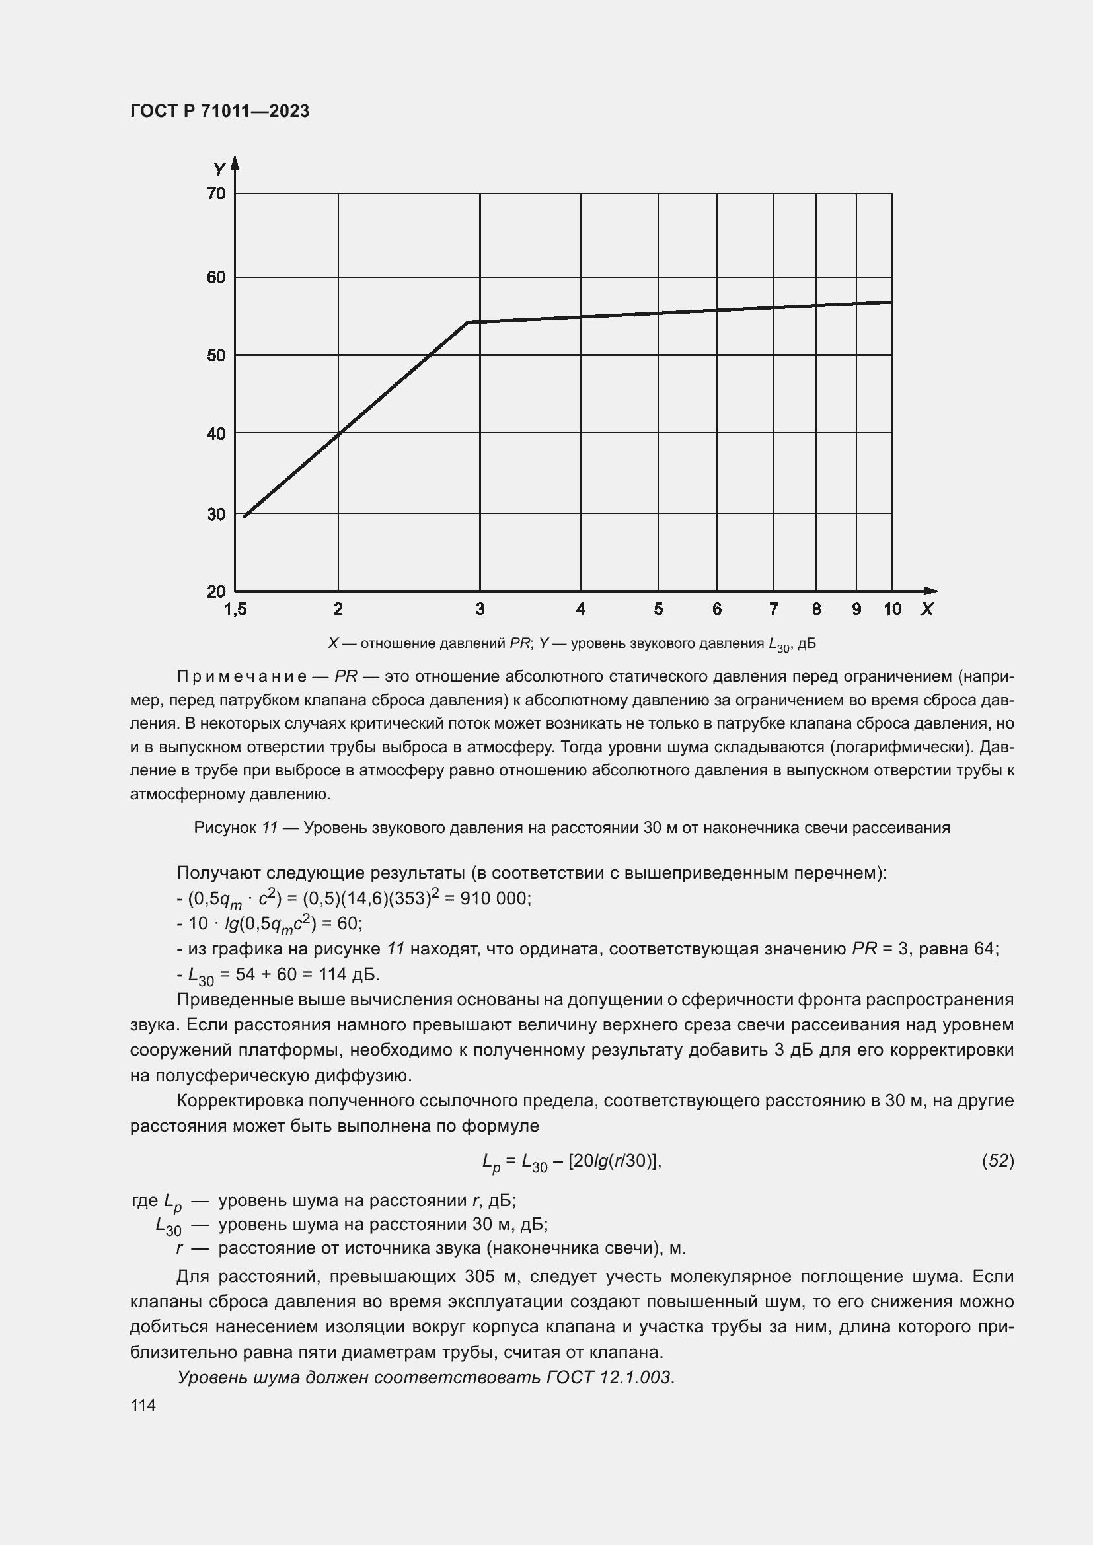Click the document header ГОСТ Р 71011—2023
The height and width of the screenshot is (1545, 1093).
coord(219,111)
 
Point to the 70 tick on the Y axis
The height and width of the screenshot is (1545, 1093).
coord(217,194)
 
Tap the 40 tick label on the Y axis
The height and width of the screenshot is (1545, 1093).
coord(217,434)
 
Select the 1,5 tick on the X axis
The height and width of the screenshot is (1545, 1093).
coord(235,609)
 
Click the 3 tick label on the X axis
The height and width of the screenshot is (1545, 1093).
coord(480,609)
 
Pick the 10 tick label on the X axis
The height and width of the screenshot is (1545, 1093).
coord(892,609)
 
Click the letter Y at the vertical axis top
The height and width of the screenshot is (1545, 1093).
coord(219,169)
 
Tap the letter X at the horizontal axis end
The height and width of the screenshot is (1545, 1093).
coord(927,609)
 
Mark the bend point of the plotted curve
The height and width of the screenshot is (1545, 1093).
coord(468,322)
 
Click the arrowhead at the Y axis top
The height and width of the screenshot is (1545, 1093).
coord(235,162)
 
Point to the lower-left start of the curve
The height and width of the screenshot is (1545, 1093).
coord(245,516)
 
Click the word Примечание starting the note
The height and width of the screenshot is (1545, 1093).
coord(243,676)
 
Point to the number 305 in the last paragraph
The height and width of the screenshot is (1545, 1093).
coord(482,1277)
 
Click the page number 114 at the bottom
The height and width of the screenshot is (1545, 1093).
coord(143,1406)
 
